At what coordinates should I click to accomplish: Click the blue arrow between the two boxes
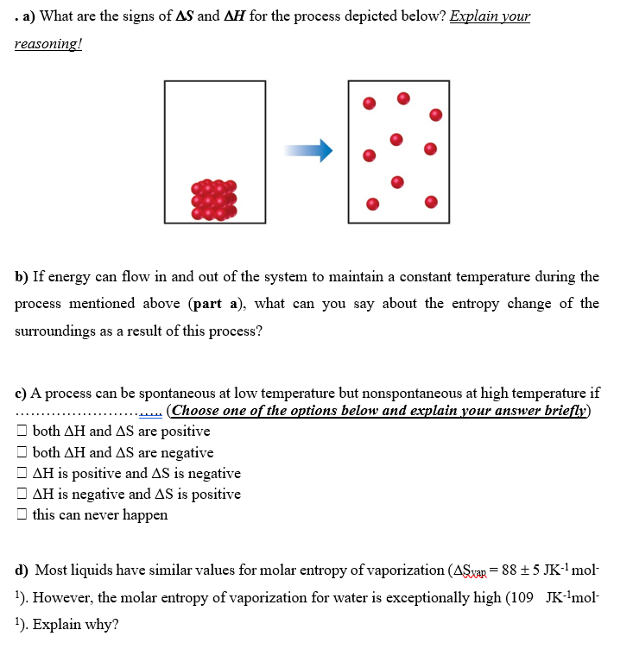309,151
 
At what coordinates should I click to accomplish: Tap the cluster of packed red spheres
213,199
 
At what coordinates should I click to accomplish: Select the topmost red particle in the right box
402,98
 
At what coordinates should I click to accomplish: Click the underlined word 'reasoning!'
47,44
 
